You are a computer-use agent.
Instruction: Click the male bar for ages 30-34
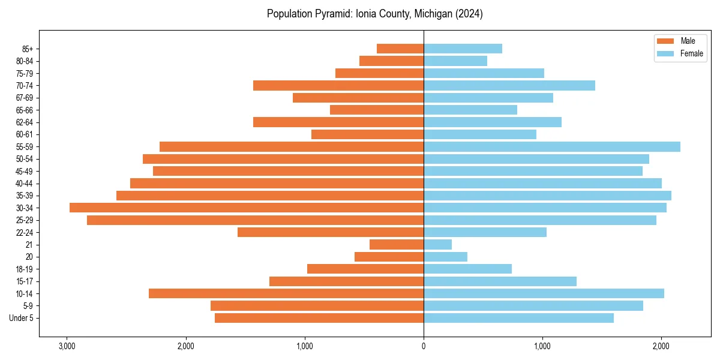coord(247,208)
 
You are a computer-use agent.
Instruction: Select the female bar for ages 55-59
coord(552,146)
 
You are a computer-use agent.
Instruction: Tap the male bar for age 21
coord(397,244)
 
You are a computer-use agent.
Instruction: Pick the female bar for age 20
coord(445,257)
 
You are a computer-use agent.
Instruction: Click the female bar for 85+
coord(463,49)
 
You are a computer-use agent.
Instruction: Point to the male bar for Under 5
coord(319,318)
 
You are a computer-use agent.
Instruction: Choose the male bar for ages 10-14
coord(286,293)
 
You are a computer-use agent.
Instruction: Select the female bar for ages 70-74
coord(509,85)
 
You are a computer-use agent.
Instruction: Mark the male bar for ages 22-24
coord(331,232)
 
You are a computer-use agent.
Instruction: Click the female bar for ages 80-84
coord(455,61)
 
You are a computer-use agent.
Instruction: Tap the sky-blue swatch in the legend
coord(666,53)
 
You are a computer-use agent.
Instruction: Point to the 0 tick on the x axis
coord(424,346)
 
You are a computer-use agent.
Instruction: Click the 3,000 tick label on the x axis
coord(67,346)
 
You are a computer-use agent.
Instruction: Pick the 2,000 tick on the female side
coord(661,346)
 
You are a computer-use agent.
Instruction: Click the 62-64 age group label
coord(25,122)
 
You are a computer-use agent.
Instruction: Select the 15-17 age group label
coord(25,281)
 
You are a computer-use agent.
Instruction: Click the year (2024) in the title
coord(469,14)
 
